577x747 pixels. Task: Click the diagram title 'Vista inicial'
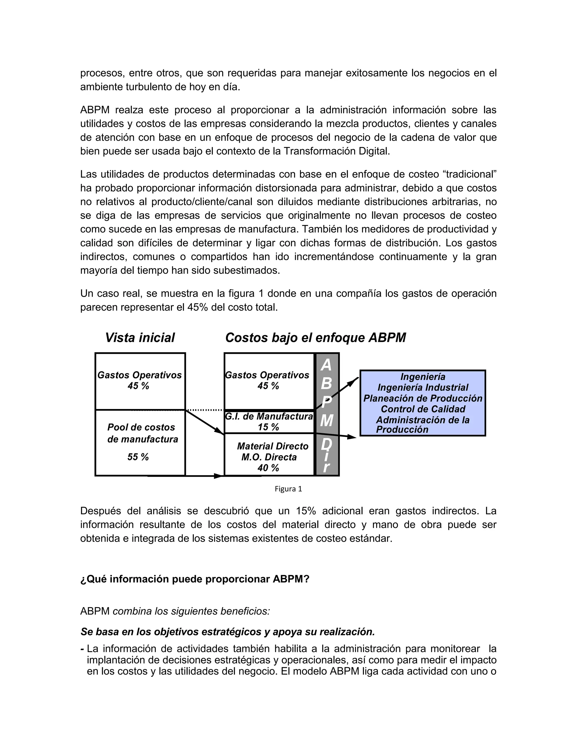point(140,338)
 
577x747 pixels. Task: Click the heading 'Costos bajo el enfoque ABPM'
point(315,338)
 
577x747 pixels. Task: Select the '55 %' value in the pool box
point(138,457)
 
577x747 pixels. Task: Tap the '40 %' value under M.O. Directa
point(268,468)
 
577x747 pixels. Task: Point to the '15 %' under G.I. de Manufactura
point(268,427)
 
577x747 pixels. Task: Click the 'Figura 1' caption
point(288,489)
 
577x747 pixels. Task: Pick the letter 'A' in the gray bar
point(327,365)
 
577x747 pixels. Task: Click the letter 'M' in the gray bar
point(327,420)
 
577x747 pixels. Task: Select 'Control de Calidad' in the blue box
point(423,409)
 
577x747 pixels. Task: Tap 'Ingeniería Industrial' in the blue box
point(423,388)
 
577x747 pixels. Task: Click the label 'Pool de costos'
point(141,427)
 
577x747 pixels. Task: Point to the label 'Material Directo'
point(272,446)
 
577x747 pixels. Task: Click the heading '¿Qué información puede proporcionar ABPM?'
point(194,579)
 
